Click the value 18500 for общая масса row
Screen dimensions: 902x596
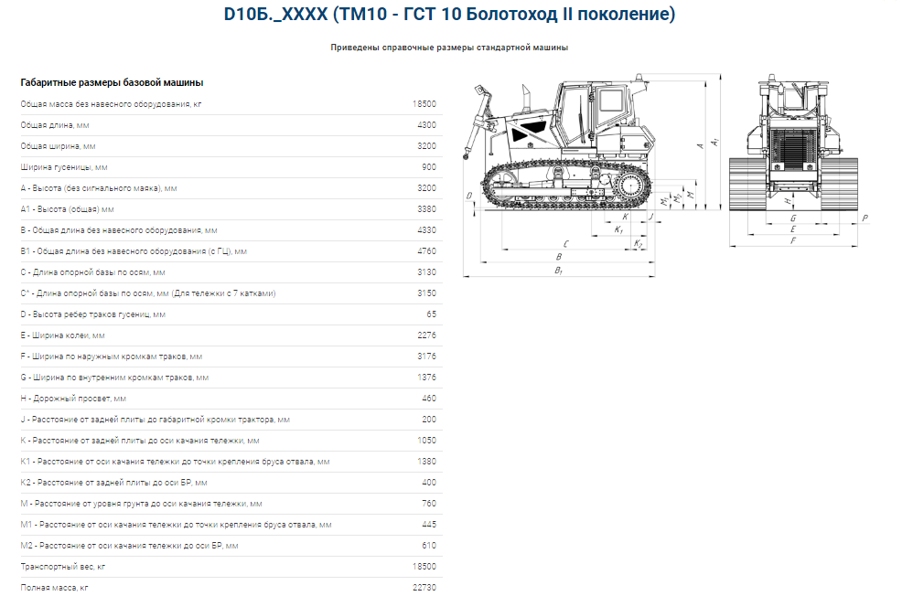[x=424, y=104]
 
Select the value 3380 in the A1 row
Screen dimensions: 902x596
[x=427, y=209]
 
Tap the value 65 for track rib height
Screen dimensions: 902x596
[x=432, y=314]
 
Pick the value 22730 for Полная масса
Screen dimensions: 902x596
[x=424, y=588]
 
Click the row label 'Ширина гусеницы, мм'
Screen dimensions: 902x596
[x=64, y=167]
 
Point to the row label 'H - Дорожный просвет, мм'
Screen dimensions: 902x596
[x=73, y=399]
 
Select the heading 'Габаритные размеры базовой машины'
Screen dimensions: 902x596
[x=112, y=83]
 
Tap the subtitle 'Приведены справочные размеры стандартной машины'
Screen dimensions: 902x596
[x=449, y=48]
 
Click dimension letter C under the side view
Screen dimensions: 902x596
[x=566, y=244]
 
